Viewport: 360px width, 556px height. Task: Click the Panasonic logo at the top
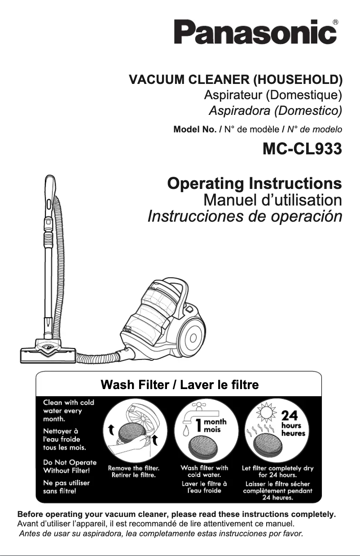click(255, 32)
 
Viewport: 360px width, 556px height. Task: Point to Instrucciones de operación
click(245, 217)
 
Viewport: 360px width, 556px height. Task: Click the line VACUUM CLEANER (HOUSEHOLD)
click(236, 81)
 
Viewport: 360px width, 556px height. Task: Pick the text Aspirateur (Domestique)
click(273, 96)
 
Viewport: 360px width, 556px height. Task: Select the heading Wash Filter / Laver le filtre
click(180, 385)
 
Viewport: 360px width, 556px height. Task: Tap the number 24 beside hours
click(290, 415)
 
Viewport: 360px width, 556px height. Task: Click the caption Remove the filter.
click(134, 468)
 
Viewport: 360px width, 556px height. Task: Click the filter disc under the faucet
click(207, 447)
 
